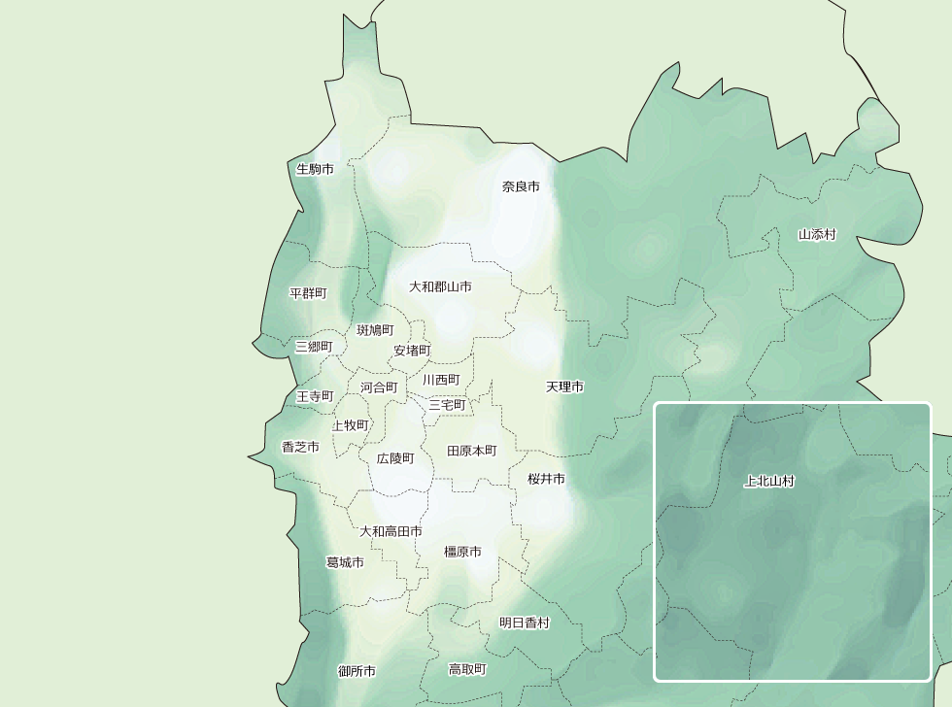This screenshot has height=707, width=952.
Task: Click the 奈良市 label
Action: (x=521, y=186)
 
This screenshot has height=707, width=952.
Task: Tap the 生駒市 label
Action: (x=315, y=169)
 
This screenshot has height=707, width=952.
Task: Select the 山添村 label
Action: (x=817, y=234)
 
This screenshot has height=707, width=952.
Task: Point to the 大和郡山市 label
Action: (x=440, y=286)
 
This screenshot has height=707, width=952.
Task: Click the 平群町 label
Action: (x=309, y=293)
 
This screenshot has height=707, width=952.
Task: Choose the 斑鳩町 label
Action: (x=375, y=330)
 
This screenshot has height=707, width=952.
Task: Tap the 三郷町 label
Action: (x=314, y=347)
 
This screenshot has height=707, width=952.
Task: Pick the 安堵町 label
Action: (x=412, y=351)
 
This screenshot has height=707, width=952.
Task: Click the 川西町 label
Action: (x=441, y=380)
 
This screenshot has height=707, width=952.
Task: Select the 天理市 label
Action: (x=564, y=387)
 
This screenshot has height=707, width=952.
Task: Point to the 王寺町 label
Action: (x=315, y=396)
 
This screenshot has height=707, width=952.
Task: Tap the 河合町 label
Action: (x=379, y=387)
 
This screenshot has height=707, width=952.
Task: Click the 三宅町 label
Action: (x=447, y=404)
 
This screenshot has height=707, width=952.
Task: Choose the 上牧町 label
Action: (x=351, y=424)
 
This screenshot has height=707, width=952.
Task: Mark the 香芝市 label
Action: (x=300, y=447)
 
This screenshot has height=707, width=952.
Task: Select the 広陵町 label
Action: (x=395, y=457)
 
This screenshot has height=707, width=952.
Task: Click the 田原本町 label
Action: (x=471, y=451)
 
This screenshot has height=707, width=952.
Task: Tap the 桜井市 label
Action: (x=546, y=479)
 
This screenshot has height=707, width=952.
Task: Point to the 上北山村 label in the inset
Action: (x=769, y=481)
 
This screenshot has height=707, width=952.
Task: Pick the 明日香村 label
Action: (x=525, y=623)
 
